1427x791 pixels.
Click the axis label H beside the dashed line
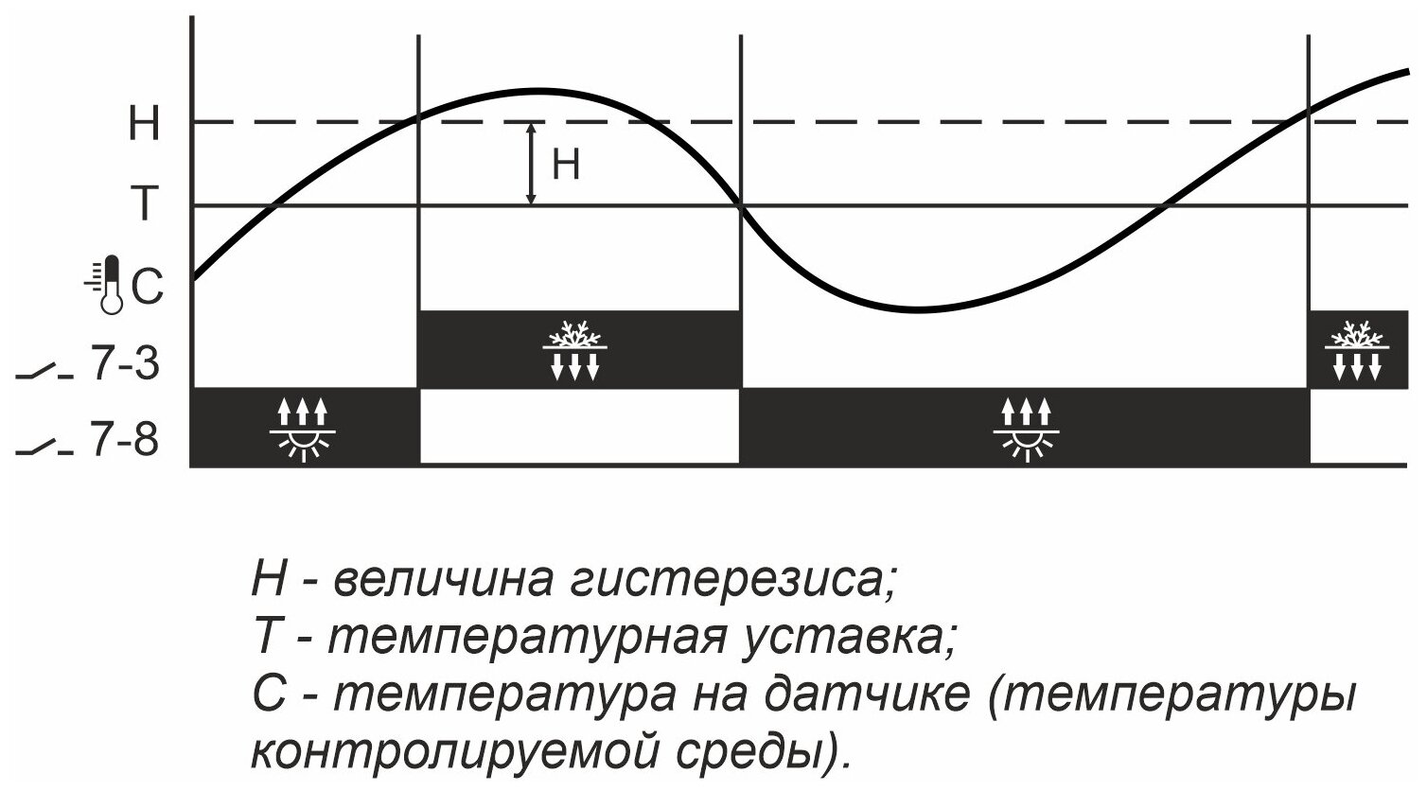[x=144, y=124]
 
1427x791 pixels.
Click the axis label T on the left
[x=144, y=204]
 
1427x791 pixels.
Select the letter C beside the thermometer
[x=148, y=287]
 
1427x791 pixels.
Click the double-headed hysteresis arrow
[x=532, y=164]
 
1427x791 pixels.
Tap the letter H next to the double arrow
[x=565, y=166]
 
